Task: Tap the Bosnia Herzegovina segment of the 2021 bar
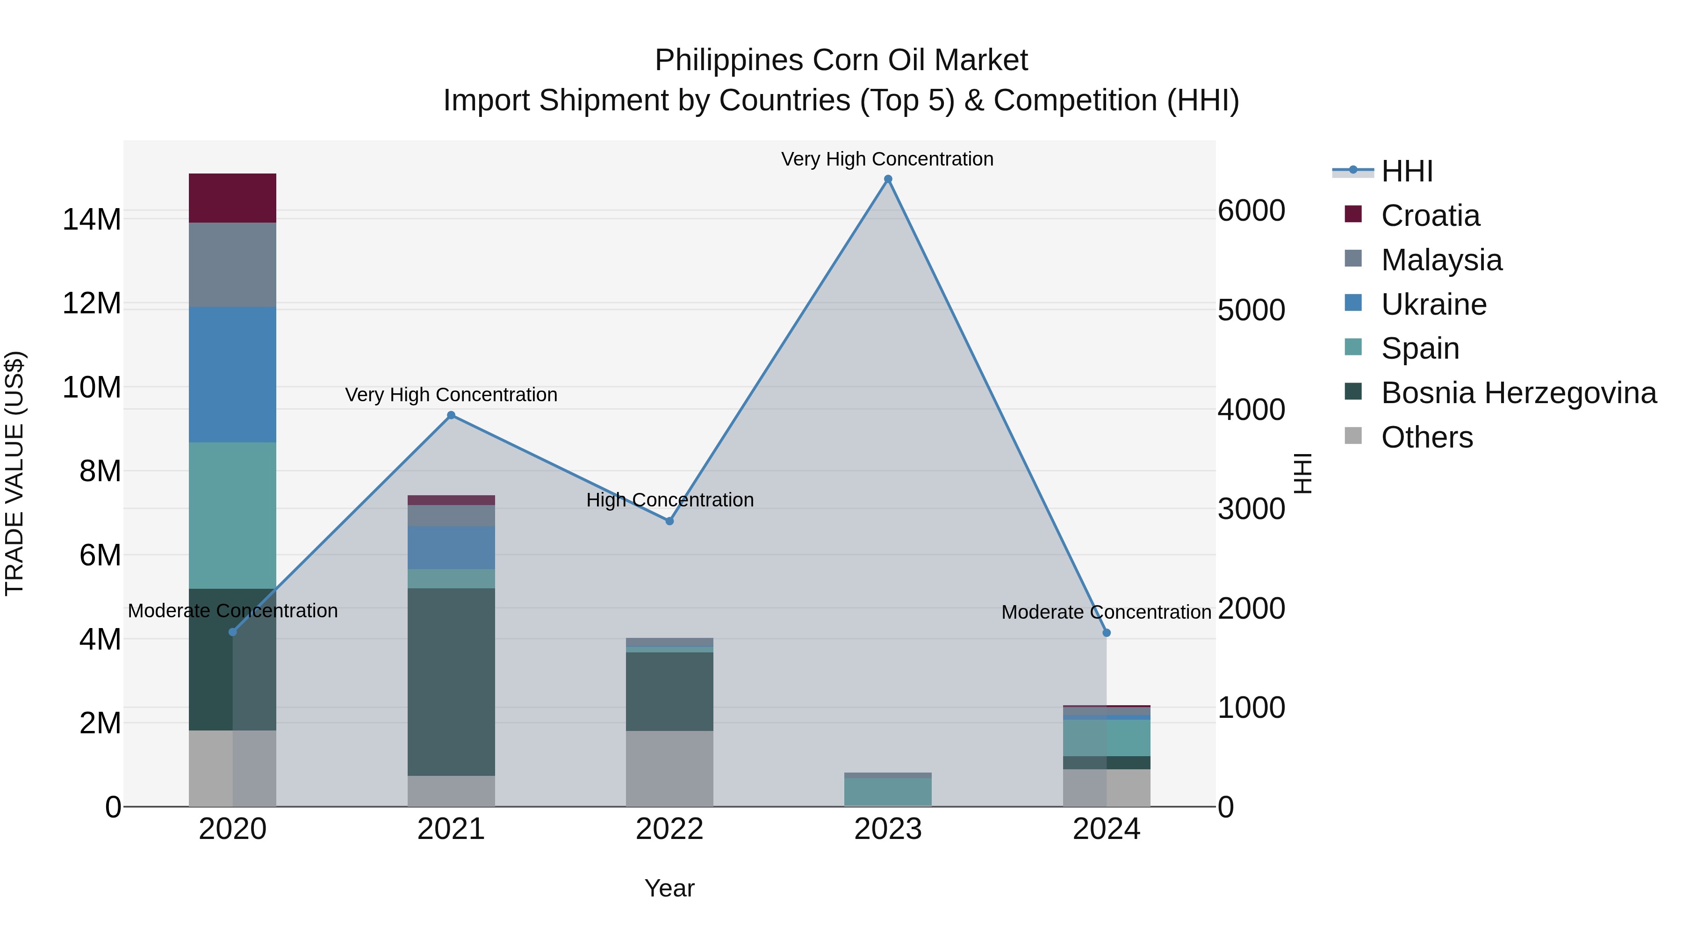click(x=451, y=682)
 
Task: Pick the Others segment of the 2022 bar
click(x=669, y=768)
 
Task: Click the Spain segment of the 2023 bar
click(x=887, y=792)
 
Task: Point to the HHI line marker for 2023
click(x=887, y=179)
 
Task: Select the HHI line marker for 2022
click(x=669, y=521)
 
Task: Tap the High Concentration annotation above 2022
click(x=669, y=500)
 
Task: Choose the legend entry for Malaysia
click(x=1441, y=260)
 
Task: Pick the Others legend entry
click(x=1426, y=437)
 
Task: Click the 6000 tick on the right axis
click(x=1251, y=211)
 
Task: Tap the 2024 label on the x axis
click(x=1106, y=829)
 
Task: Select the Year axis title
click(x=669, y=888)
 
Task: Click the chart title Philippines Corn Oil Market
click(x=841, y=60)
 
